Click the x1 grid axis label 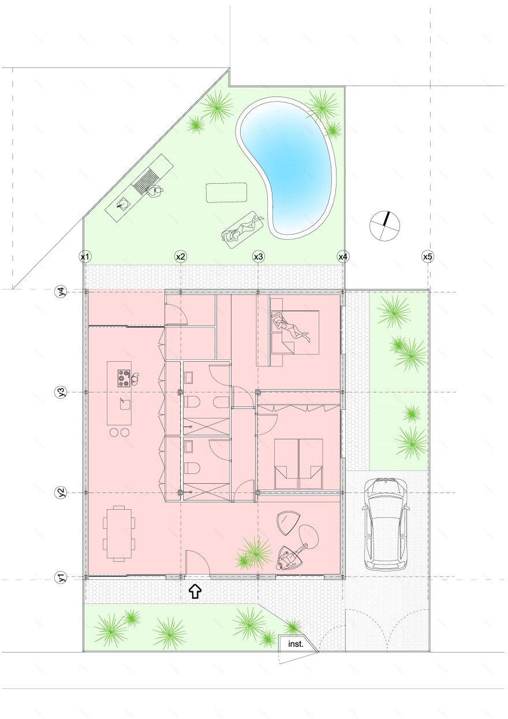[85, 257]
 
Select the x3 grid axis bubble [258, 257]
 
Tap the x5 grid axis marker [428, 257]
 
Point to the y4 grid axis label [62, 292]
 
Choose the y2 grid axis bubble [62, 492]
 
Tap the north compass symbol [384, 225]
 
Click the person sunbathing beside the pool [244, 228]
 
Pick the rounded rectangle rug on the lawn [226, 192]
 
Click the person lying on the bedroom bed [290, 327]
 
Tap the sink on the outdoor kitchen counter [124, 203]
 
